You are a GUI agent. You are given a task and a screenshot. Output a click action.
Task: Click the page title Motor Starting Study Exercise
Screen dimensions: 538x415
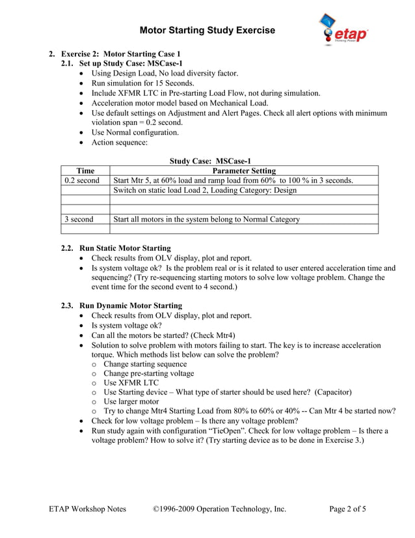click(x=207, y=30)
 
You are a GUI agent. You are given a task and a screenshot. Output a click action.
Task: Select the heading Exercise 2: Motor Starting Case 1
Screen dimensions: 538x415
click(x=120, y=53)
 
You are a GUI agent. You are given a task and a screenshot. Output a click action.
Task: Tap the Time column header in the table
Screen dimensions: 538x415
click(x=85, y=171)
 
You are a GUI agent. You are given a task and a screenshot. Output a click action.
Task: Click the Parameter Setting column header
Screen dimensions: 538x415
click(x=245, y=171)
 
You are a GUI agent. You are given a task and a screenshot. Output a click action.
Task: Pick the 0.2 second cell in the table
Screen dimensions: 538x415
click(x=81, y=180)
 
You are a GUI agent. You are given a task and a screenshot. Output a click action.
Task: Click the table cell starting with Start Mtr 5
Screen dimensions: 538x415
click(x=233, y=180)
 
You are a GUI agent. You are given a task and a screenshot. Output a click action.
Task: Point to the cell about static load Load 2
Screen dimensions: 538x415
click(x=205, y=190)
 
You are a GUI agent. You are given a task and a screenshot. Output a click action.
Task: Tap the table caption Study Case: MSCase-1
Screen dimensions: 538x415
click(x=210, y=161)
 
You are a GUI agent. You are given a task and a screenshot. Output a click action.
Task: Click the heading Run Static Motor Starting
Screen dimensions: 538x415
click(x=125, y=248)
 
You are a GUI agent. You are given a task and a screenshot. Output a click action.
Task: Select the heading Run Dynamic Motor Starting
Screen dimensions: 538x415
click(x=130, y=305)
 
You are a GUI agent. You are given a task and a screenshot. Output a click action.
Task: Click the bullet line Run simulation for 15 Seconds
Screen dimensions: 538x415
click(x=142, y=83)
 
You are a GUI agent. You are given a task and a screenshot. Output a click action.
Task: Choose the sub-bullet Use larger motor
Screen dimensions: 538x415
click(x=131, y=402)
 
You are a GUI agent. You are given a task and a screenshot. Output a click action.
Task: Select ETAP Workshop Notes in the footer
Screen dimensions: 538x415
click(x=88, y=509)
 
